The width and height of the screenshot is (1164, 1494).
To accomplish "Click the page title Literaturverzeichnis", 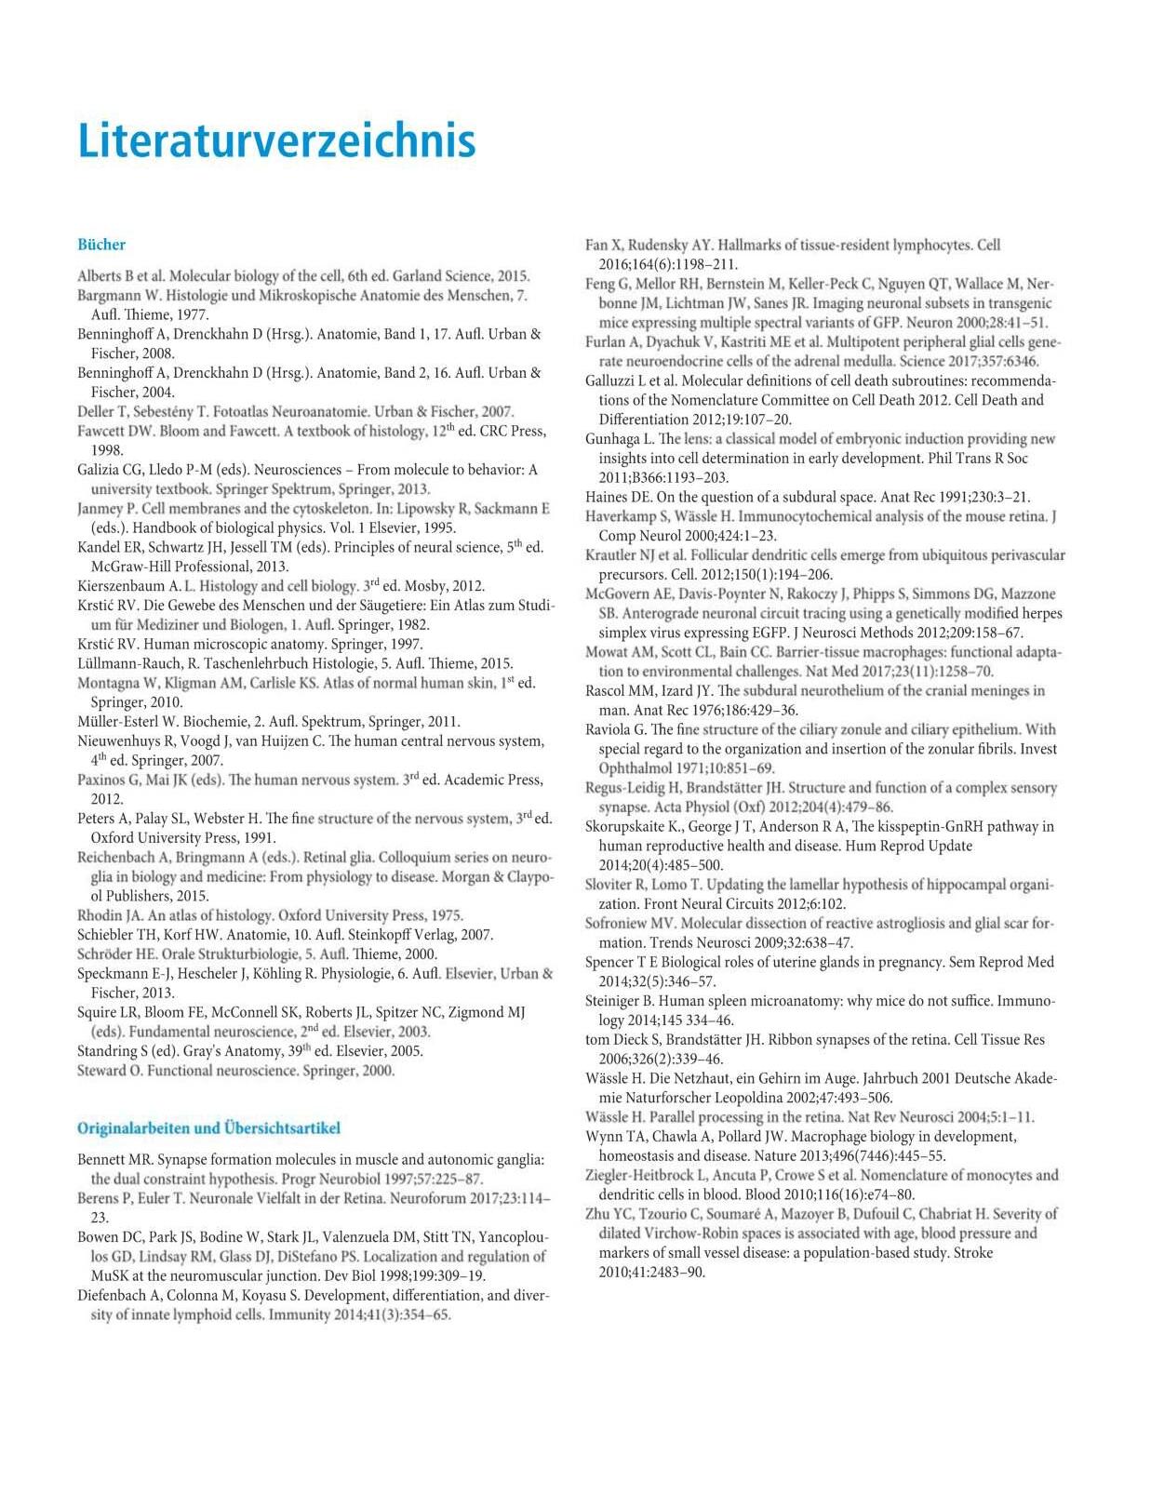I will [276, 141].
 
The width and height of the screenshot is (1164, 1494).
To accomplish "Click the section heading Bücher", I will [101, 245].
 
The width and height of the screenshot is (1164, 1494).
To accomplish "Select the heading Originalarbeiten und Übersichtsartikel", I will [208, 1128].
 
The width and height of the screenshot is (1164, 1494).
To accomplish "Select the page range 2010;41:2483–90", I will [652, 1272].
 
